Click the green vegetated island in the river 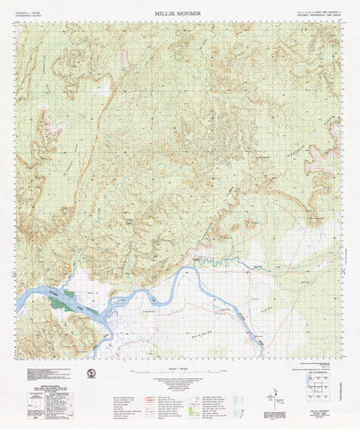62,303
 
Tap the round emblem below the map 90,374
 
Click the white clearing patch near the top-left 101,88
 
